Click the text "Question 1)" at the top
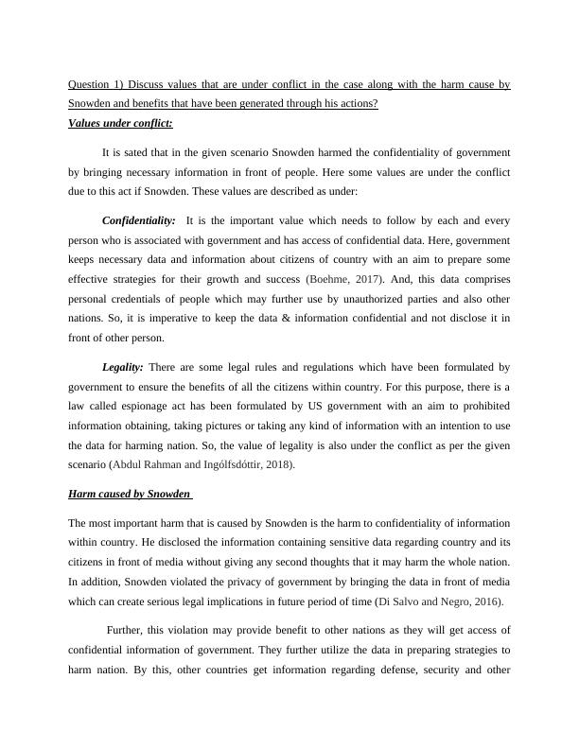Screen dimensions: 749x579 [x=95, y=85]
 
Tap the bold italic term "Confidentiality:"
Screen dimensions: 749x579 [x=138, y=220]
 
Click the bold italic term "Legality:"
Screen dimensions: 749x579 [x=123, y=366]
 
